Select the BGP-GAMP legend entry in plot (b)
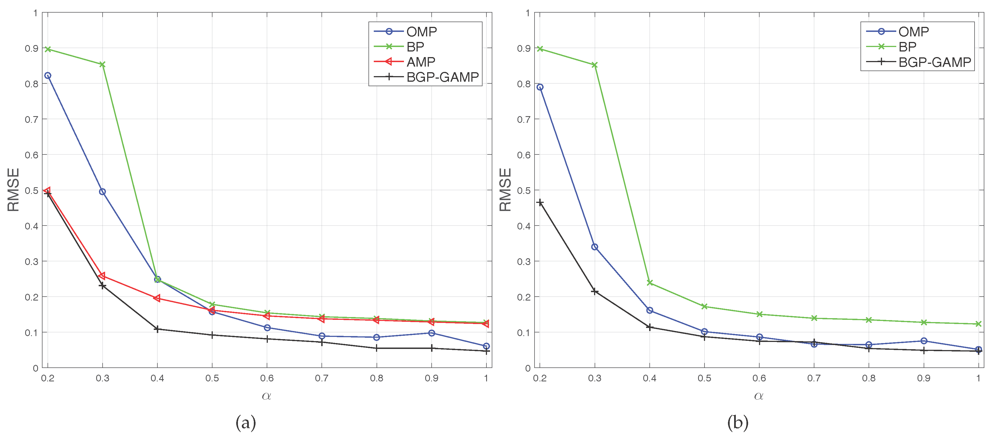[x=934, y=62]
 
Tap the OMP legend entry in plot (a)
[x=421, y=32]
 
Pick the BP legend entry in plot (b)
[x=907, y=47]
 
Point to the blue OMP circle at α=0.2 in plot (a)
[x=48, y=76]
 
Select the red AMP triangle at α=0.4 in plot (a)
[x=157, y=298]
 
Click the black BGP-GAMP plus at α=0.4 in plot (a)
[x=157, y=329]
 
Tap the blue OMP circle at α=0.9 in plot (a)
[x=432, y=333]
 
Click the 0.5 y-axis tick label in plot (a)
[x=32, y=191]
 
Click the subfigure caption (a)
[x=245, y=423]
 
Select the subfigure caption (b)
[x=737, y=423]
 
